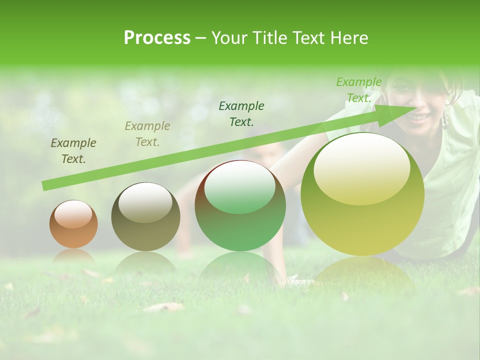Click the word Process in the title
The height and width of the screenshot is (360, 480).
coord(157,38)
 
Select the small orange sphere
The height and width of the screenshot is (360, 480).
coord(73,224)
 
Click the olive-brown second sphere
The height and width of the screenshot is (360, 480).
coord(145,217)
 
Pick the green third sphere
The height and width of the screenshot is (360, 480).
coord(240,206)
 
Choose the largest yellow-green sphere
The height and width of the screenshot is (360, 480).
coord(362,194)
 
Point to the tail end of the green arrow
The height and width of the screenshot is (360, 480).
coord(45,186)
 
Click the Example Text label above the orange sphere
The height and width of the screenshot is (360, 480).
coord(73,151)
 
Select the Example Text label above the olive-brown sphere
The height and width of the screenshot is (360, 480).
coord(147,134)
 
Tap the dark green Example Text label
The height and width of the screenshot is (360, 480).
coord(241,113)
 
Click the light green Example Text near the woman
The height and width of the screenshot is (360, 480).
coord(358,90)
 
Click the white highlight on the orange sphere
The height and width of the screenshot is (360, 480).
coord(73,214)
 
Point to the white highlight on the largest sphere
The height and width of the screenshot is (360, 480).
coord(361,170)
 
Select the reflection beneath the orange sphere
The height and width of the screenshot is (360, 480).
coord(73,256)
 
